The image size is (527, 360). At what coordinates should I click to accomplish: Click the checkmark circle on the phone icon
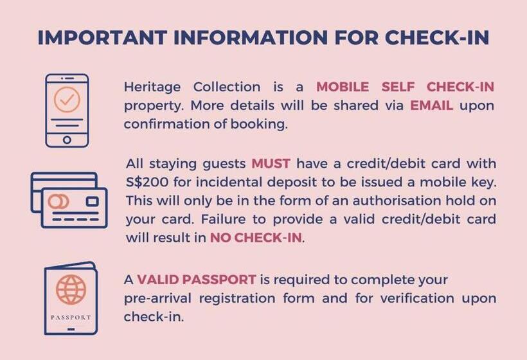coord(67,100)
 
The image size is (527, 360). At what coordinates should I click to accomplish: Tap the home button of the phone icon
coord(67,139)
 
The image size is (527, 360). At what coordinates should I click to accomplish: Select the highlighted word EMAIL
coord(432,105)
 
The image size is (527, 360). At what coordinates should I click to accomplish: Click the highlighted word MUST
coord(271,163)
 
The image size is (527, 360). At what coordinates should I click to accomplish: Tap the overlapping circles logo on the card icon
coord(58,201)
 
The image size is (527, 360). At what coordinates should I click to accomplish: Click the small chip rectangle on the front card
coord(93,201)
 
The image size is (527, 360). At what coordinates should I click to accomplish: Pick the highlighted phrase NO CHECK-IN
coord(255,238)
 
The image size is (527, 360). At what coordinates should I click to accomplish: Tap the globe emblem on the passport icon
coord(71,289)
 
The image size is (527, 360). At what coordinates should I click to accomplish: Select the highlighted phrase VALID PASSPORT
coord(197,280)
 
